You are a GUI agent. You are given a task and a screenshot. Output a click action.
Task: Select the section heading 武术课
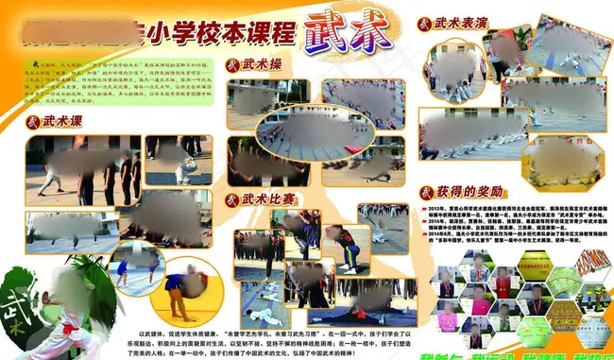64,121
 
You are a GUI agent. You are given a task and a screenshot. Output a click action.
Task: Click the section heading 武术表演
469,20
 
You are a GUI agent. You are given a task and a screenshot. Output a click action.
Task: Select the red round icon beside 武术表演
426,20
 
